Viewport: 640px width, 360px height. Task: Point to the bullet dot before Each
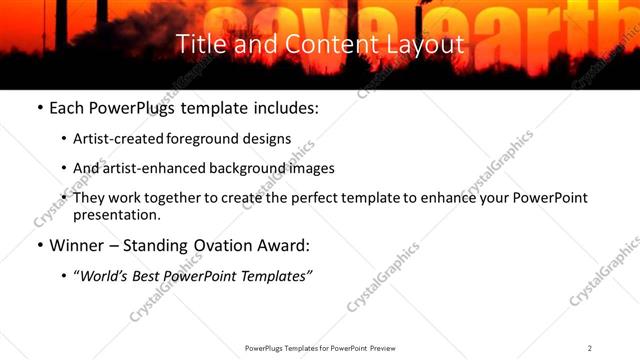[39, 107]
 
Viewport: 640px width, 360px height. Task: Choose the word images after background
[312, 169]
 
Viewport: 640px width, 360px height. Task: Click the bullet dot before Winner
[39, 246]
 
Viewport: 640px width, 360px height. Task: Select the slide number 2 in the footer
[590, 348]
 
